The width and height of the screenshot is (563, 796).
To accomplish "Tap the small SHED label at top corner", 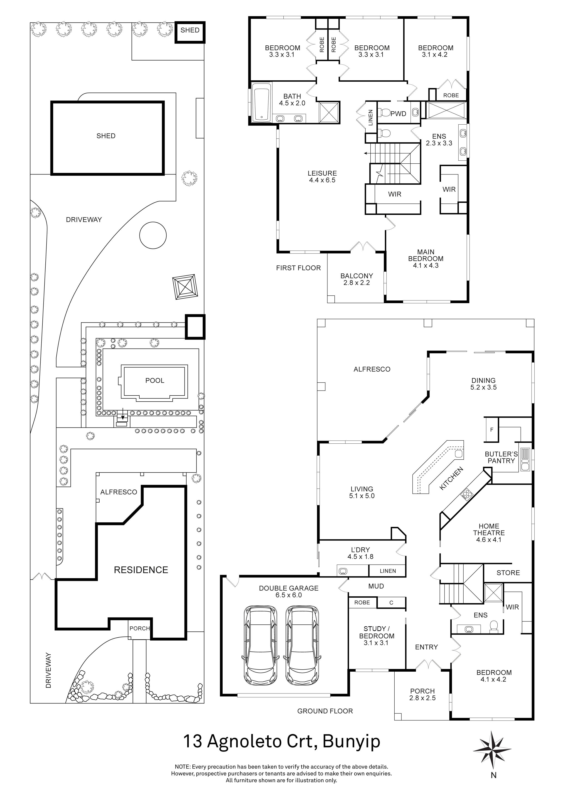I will [x=190, y=30].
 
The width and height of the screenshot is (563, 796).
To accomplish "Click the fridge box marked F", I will [x=491, y=430].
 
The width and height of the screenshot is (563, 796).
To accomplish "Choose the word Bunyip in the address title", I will [x=351, y=742].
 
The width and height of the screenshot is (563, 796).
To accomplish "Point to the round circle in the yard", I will [x=153, y=235].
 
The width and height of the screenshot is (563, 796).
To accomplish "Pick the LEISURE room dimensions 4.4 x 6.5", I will [x=322, y=180].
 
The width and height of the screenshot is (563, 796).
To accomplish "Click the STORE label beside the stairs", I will [x=508, y=573].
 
